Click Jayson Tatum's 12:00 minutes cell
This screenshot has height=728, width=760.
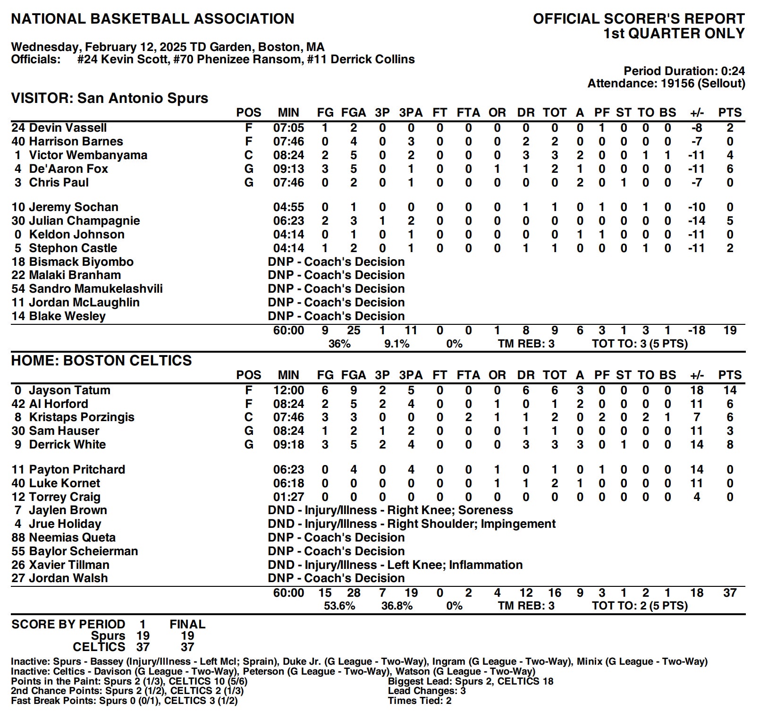288,390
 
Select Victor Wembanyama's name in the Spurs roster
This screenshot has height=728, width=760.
88,155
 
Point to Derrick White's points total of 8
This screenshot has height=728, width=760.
730,445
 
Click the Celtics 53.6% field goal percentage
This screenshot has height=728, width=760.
339,606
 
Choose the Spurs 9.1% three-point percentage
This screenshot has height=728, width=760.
397,344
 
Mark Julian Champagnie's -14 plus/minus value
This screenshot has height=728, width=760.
696,221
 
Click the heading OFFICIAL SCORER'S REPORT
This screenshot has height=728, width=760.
639,19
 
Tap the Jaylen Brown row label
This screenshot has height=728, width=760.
68,510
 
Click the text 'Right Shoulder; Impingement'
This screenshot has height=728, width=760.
471,524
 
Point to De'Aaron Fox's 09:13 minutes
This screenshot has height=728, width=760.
288,169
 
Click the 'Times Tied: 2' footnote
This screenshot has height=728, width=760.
419,701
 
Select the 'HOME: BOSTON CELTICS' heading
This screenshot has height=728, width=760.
101,361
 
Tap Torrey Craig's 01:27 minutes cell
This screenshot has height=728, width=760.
288,497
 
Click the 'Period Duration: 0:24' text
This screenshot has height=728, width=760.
684,71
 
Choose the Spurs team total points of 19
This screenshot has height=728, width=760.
730,330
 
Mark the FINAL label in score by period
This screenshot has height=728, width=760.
187,624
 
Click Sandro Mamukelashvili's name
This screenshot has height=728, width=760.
95,289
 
